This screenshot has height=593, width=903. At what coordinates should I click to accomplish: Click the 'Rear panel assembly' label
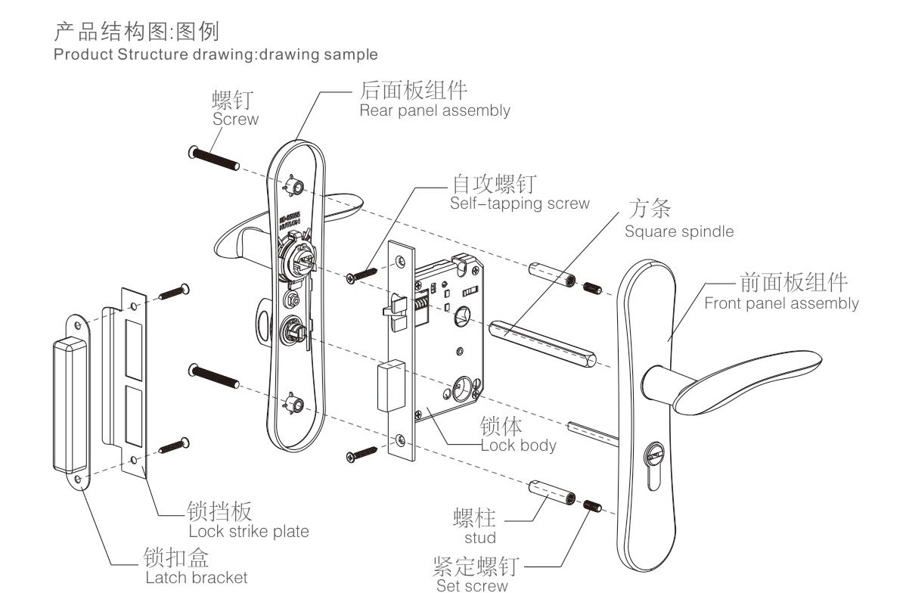coord(434,110)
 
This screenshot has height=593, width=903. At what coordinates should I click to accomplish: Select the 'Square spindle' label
coord(678,231)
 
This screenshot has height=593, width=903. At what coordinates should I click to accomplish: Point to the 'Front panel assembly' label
coord(781,304)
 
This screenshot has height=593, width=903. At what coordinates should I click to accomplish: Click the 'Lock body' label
coord(519,445)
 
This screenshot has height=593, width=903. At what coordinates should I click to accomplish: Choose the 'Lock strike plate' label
coord(248,531)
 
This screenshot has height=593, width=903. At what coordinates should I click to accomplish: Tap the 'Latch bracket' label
coord(196,578)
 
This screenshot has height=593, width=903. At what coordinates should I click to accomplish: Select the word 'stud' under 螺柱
coord(480,538)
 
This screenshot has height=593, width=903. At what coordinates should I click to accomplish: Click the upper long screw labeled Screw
coord(213,159)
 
